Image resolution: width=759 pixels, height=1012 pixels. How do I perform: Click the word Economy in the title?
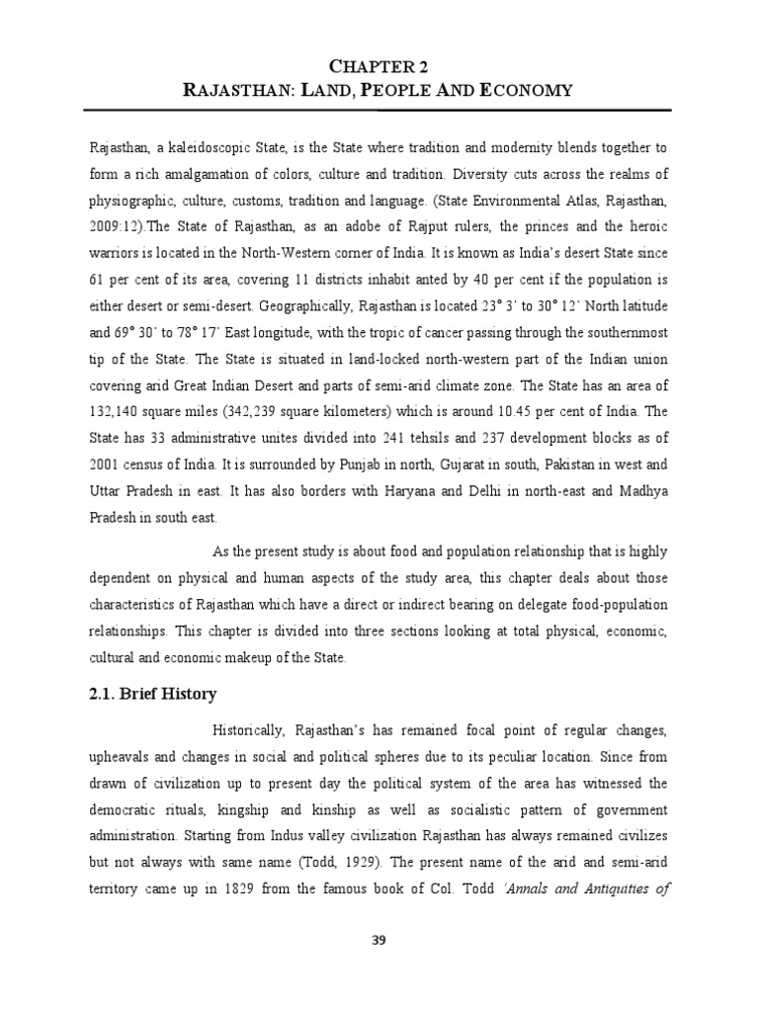coord(526,91)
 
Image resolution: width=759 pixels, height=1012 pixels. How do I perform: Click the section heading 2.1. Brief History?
coord(152,694)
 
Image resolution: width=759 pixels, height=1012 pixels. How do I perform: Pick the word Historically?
coord(248,730)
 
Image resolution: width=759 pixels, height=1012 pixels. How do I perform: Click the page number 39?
coord(379,940)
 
